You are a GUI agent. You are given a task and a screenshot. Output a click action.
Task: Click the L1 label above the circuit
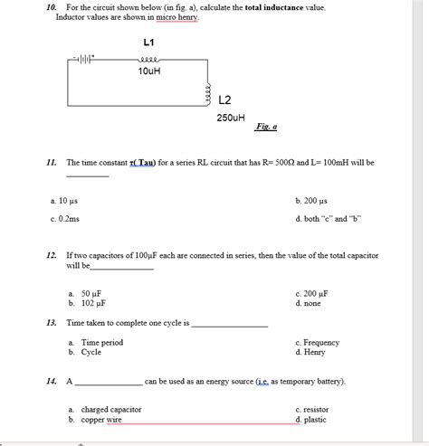(x=149, y=43)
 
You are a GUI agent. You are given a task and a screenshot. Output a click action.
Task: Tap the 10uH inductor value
(x=149, y=71)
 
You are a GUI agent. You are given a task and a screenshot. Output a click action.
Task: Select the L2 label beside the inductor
(x=226, y=98)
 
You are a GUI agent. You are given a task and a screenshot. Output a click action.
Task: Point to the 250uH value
(x=230, y=118)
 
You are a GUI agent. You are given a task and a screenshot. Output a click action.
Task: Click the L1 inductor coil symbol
(x=149, y=59)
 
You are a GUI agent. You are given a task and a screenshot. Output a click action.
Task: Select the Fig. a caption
(x=265, y=128)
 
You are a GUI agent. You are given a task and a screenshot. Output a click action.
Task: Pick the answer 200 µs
(x=310, y=200)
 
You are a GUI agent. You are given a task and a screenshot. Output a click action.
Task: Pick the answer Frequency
(x=320, y=343)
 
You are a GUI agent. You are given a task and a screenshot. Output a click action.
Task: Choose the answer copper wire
(x=100, y=420)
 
